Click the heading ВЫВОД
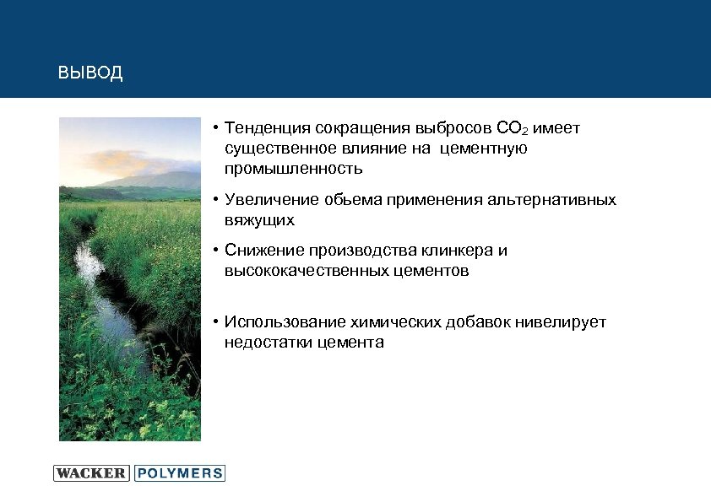[90, 73]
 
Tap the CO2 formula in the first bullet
[513, 129]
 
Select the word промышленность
[293, 169]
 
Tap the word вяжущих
[259, 220]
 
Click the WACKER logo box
[91, 473]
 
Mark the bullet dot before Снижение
[216, 251]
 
